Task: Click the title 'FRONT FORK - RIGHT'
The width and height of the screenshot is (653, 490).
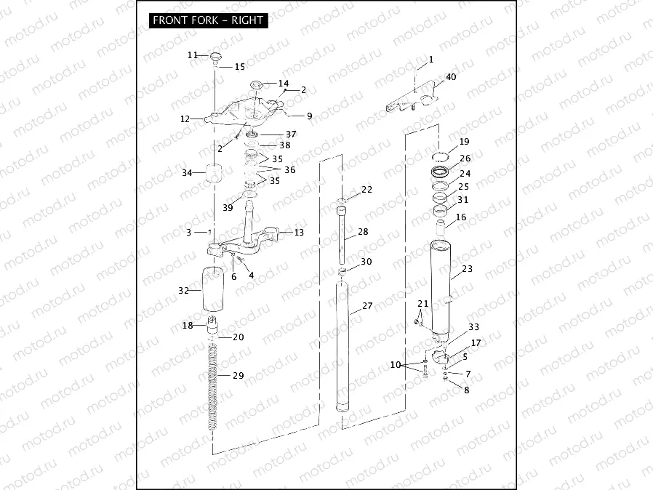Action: coord(208,20)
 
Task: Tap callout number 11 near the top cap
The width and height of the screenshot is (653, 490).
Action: coord(193,55)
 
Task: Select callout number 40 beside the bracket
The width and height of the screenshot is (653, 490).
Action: coord(451,77)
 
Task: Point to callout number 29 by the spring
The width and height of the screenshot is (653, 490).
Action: coord(238,375)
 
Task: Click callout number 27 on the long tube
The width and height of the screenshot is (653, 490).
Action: coord(367,306)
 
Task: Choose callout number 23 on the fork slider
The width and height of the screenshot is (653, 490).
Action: coord(467,268)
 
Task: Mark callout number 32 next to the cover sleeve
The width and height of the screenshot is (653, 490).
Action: coord(184,289)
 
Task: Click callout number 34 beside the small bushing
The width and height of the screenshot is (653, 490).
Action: coord(187,173)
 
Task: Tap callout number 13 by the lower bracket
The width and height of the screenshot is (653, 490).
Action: coord(299,232)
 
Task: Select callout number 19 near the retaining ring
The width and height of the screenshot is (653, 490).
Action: coord(464,141)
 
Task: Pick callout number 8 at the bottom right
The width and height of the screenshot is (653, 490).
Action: coord(467,390)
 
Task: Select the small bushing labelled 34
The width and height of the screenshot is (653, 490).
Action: coord(215,175)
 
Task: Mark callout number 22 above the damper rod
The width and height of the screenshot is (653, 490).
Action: coord(366,189)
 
